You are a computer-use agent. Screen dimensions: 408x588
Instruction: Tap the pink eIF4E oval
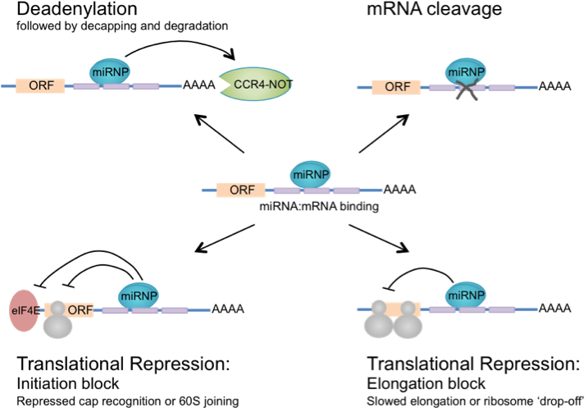click(24, 310)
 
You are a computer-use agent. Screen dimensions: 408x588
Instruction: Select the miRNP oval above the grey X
click(466, 71)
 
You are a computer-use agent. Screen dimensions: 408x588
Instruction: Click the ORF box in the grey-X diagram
click(397, 87)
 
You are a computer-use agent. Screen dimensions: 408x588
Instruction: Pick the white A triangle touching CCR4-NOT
click(216, 85)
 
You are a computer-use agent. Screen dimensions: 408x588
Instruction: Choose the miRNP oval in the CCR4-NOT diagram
click(109, 71)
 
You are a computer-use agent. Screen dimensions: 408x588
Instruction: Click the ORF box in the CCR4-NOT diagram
click(40, 85)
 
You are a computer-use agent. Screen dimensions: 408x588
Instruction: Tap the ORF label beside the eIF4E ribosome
click(80, 309)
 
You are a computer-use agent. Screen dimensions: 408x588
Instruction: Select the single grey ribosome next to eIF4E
click(57, 321)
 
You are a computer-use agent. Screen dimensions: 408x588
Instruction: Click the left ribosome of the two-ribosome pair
click(378, 321)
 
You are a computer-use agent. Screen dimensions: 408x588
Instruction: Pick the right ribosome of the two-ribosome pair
click(408, 321)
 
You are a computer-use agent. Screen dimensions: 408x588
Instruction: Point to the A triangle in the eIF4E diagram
click(245, 309)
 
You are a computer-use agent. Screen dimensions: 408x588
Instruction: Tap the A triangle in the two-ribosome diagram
click(572, 309)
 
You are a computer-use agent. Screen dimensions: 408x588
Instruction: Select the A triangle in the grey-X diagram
click(572, 86)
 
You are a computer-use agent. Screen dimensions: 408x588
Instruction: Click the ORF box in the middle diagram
click(241, 190)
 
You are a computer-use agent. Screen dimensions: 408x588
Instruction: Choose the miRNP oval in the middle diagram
click(310, 174)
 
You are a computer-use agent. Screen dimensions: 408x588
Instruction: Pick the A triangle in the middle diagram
click(417, 190)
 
